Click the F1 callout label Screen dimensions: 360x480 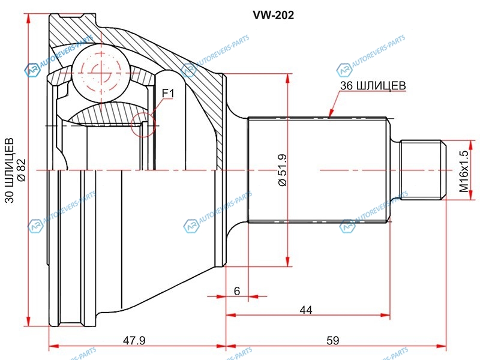[167, 93]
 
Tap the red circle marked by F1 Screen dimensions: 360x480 [143, 124]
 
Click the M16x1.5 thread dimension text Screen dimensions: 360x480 [463, 171]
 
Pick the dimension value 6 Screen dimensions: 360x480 [237, 291]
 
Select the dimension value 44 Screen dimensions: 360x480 [307, 310]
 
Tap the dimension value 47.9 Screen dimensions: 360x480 [134, 340]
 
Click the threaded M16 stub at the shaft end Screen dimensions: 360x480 [422, 170]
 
